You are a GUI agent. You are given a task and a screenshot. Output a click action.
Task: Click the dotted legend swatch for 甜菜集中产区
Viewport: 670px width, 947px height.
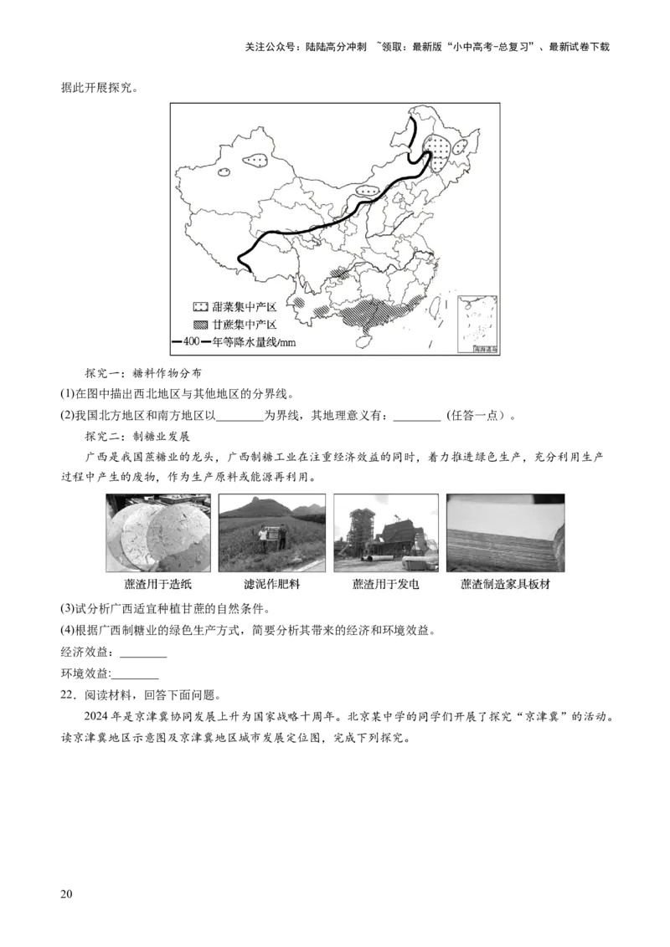coord(202,308)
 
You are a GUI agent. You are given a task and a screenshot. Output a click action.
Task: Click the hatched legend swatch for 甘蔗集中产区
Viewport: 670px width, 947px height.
coord(202,325)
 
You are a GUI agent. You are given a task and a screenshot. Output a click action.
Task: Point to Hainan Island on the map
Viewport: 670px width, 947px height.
coord(363,332)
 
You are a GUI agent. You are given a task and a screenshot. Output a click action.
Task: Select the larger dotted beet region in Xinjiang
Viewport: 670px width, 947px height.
coord(255,159)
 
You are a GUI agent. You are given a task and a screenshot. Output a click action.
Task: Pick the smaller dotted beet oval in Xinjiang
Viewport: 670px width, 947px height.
coord(224,172)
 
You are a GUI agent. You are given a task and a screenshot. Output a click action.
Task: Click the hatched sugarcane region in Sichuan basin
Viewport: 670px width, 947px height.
coord(340,273)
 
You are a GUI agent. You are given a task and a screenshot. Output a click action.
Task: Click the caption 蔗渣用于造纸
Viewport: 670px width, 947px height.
coord(158,584)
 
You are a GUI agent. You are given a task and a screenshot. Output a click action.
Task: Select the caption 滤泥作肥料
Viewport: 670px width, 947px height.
coord(271,584)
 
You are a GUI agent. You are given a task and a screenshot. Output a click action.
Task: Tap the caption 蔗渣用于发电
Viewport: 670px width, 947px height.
coord(385,584)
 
